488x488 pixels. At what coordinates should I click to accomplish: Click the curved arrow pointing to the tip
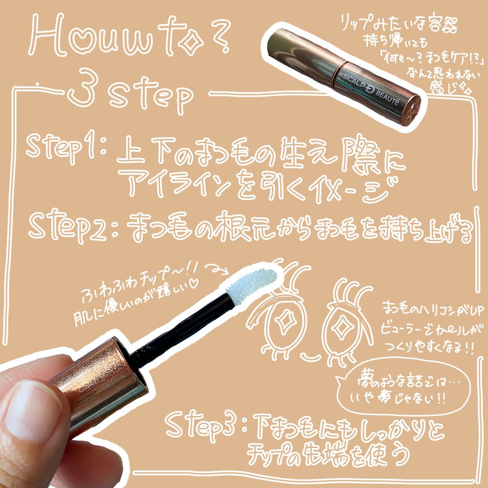coord(218,270)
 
